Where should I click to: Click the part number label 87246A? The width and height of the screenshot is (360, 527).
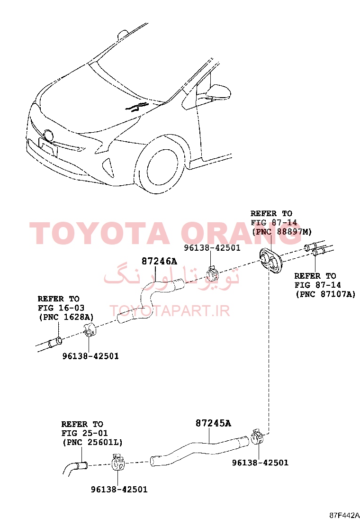coord(159,261)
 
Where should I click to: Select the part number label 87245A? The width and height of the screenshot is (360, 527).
coord(213,423)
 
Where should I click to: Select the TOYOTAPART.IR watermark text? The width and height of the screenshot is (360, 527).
coord(170,311)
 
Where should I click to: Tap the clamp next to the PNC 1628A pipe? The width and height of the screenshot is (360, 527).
coord(90,330)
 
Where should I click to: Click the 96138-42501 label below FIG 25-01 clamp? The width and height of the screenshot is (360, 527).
coord(119,490)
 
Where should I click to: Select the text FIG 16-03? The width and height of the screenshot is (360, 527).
coord(61,308)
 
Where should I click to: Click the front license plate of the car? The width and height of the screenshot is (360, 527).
coord(48,147)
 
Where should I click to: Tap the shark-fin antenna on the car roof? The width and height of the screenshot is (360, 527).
coord(123,35)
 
